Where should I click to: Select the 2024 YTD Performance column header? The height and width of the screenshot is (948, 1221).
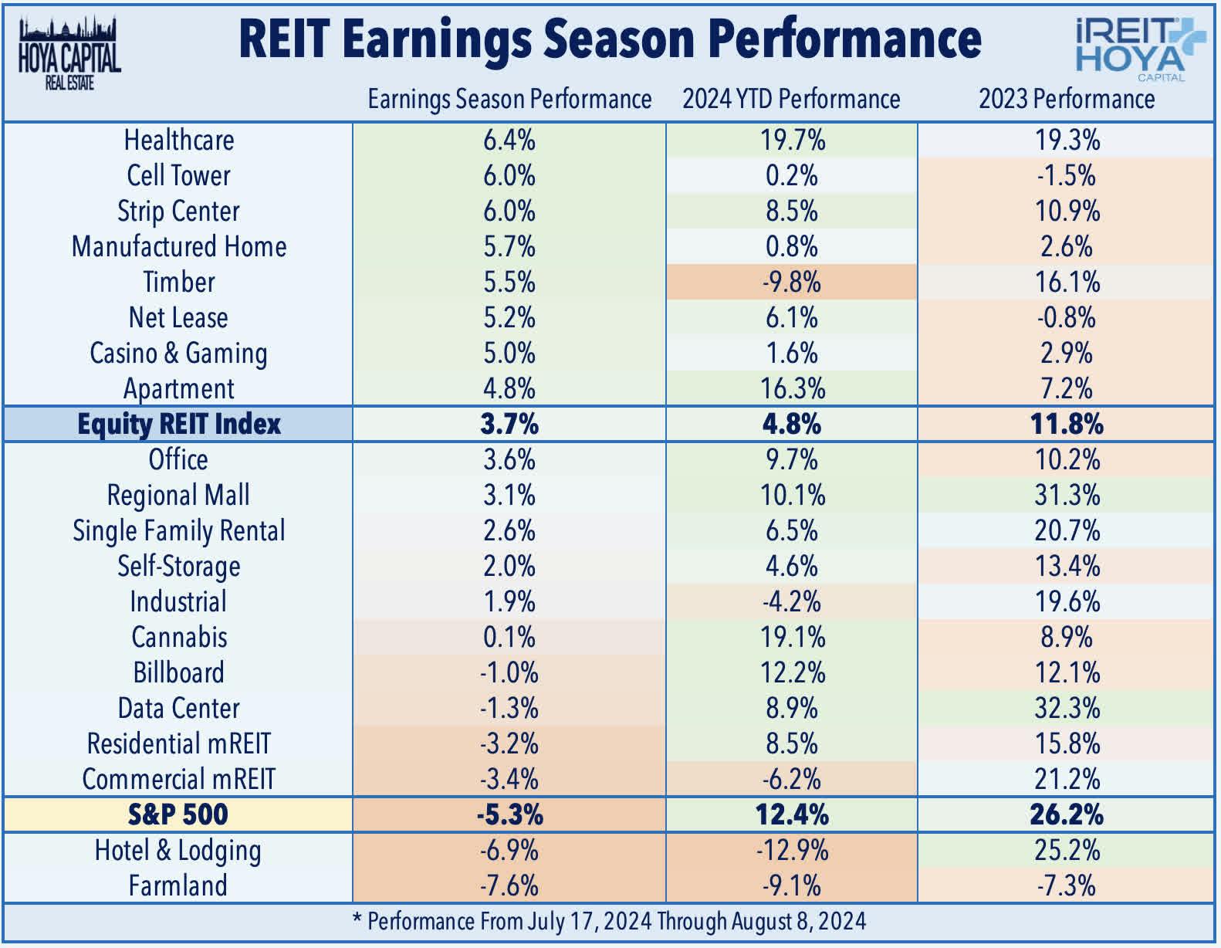(791, 100)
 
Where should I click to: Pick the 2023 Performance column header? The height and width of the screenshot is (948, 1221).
(1067, 100)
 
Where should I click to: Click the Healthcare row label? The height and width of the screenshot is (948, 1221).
(178, 141)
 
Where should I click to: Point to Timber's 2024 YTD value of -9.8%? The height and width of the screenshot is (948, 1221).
(791, 283)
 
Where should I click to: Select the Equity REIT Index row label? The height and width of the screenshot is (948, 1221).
(178, 425)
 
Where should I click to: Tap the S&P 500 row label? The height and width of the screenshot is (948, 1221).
(178, 815)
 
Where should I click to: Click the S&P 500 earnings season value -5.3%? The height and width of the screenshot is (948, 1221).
(509, 815)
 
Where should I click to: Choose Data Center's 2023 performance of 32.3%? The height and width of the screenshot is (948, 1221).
(1067, 709)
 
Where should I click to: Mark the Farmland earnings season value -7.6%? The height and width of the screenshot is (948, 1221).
(509, 885)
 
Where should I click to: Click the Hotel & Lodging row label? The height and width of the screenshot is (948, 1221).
(178, 851)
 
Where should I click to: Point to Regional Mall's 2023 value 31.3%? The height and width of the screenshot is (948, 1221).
(1067, 496)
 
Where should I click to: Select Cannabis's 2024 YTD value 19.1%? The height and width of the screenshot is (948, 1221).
(791, 638)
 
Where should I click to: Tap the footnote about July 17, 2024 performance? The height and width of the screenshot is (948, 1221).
(609, 922)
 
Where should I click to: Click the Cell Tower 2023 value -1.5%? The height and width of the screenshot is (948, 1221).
(1067, 176)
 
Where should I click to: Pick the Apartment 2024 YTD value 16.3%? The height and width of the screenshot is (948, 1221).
(791, 389)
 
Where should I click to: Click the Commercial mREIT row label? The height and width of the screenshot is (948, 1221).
(178, 780)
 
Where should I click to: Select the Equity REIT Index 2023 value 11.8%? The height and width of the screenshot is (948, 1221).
(1067, 425)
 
